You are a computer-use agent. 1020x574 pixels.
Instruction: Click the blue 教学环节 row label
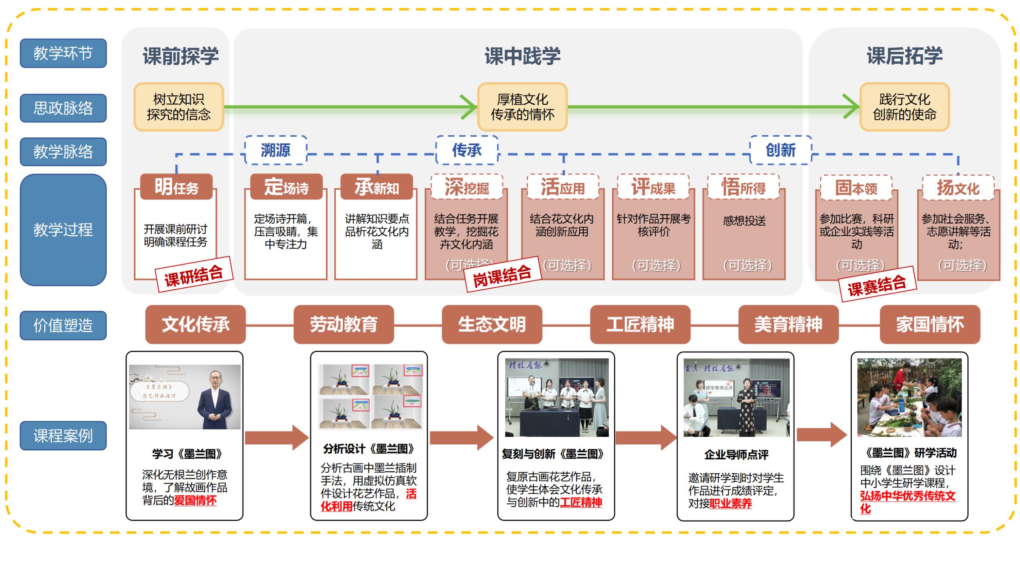pos(63,53)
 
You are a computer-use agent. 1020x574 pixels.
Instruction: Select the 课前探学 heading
pos(180,56)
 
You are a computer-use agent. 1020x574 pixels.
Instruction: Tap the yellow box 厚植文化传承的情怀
pos(522,107)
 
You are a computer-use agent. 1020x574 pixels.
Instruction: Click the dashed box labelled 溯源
pos(276,150)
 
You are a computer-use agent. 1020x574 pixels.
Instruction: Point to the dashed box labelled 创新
pos(781,150)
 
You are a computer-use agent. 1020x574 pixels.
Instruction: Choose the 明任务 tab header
pos(176,187)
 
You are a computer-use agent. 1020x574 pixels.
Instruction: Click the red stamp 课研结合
pos(194,275)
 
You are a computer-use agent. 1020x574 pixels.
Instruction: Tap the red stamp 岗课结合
pos(502,275)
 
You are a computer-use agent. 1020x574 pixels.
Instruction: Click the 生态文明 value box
pos(492,325)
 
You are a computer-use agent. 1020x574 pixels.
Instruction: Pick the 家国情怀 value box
pos(930,325)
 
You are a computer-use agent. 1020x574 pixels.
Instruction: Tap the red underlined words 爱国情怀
pos(195,501)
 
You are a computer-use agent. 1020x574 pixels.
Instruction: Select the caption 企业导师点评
pos(736,454)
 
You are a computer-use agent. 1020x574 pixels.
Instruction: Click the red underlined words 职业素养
pos(730,504)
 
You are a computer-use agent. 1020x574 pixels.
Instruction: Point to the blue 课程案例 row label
pos(63,436)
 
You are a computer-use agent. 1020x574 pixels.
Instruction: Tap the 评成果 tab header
pos(653,187)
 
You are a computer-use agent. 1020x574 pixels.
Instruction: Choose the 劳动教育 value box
pos(344,325)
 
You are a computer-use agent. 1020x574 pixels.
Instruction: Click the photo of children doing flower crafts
pos(909,398)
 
